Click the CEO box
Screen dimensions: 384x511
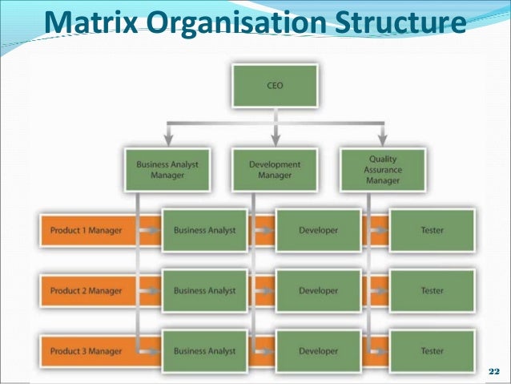coord(274,87)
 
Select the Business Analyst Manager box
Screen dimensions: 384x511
coord(167,170)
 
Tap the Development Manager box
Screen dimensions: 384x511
coord(274,170)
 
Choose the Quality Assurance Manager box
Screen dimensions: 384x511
coord(381,170)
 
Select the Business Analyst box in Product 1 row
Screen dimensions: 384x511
coord(204,231)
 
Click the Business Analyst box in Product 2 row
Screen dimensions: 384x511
coord(204,291)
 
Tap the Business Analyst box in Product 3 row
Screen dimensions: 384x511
coord(204,351)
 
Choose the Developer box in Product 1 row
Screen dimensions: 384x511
coord(318,231)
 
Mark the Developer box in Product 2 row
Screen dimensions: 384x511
coord(318,291)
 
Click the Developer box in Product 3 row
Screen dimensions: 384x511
coord(318,351)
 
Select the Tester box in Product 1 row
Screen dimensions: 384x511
coord(432,231)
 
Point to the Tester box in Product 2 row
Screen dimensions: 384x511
coord(432,291)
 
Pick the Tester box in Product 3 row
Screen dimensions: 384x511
coord(432,351)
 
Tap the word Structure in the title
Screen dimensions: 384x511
coord(398,24)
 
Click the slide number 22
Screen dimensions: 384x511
coord(493,373)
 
